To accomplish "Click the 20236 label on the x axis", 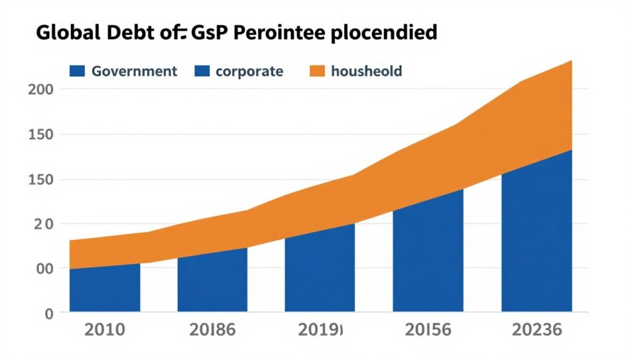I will click(536, 330).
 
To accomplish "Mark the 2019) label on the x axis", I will click(320, 330).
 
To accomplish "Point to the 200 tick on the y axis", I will click(41, 89).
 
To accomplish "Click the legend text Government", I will click(134, 71).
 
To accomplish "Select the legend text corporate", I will click(249, 71).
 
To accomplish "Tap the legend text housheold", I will click(366, 71).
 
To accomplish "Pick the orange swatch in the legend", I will click(316, 71).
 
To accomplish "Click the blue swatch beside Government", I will click(77, 71).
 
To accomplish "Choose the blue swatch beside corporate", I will click(201, 71).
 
